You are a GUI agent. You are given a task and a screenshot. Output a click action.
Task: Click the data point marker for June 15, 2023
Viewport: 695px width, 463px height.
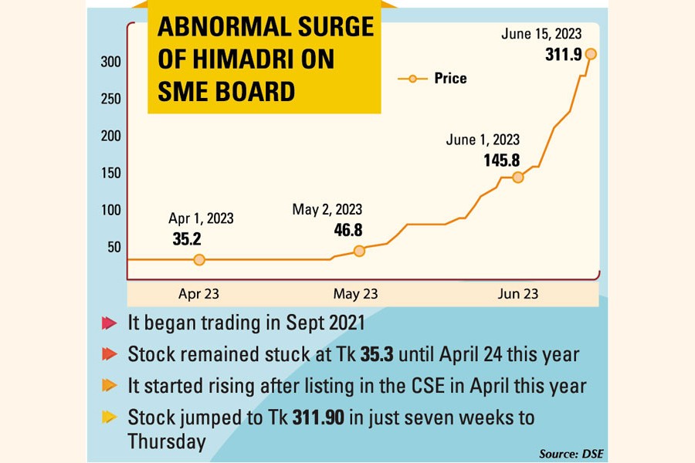point(591,54)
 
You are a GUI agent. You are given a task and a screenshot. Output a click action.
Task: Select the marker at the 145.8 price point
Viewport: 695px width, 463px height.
point(517,177)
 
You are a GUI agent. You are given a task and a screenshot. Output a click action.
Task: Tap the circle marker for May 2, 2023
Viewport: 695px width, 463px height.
point(359,251)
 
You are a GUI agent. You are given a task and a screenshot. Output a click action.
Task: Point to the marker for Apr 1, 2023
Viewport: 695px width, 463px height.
point(199,260)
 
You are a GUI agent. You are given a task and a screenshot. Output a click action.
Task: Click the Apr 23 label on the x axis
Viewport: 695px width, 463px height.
point(198,294)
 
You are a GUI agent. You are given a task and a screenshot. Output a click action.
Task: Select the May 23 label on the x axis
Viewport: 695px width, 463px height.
point(355,294)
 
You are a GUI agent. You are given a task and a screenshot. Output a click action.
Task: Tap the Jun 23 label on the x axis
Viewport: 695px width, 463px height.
point(518,294)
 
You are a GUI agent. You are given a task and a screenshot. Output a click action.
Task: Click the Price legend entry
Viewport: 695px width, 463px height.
point(449,78)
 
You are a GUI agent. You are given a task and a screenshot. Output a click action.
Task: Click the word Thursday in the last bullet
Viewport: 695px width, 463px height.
point(167,441)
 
